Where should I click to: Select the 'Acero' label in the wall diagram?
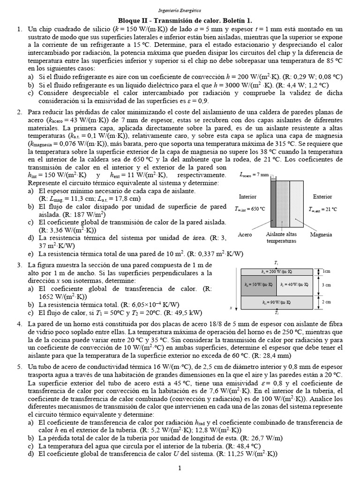point(245,234)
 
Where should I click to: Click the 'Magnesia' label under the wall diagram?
point(321,234)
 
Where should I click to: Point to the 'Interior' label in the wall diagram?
point(247,197)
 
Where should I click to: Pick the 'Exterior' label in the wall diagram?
point(322,197)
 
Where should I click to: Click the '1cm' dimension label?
point(327,271)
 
